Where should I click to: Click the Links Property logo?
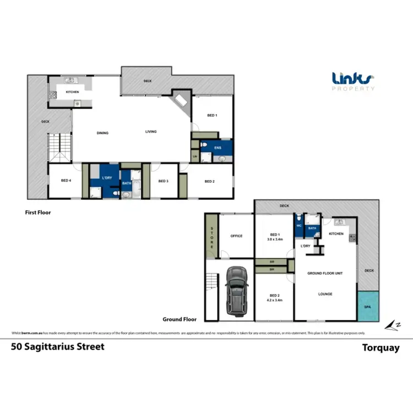[x=354, y=81]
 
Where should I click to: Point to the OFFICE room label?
[x=236, y=236]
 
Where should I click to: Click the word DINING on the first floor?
[x=102, y=133]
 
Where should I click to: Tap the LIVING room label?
[x=151, y=132]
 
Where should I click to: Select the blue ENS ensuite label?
[x=218, y=148]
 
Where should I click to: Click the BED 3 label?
[x=162, y=181]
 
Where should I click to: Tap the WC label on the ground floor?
[x=299, y=225]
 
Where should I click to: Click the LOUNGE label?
[x=325, y=294]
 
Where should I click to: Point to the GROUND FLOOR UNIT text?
[x=325, y=273]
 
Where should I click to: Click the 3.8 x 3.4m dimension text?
[x=274, y=240]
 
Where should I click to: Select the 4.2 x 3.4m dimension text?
[x=274, y=301]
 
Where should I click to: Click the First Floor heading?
[x=38, y=211]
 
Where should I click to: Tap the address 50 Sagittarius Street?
[x=58, y=347]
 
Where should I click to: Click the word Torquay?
[x=380, y=347]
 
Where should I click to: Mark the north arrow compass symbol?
[x=392, y=324]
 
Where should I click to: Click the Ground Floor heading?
[x=180, y=319]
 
